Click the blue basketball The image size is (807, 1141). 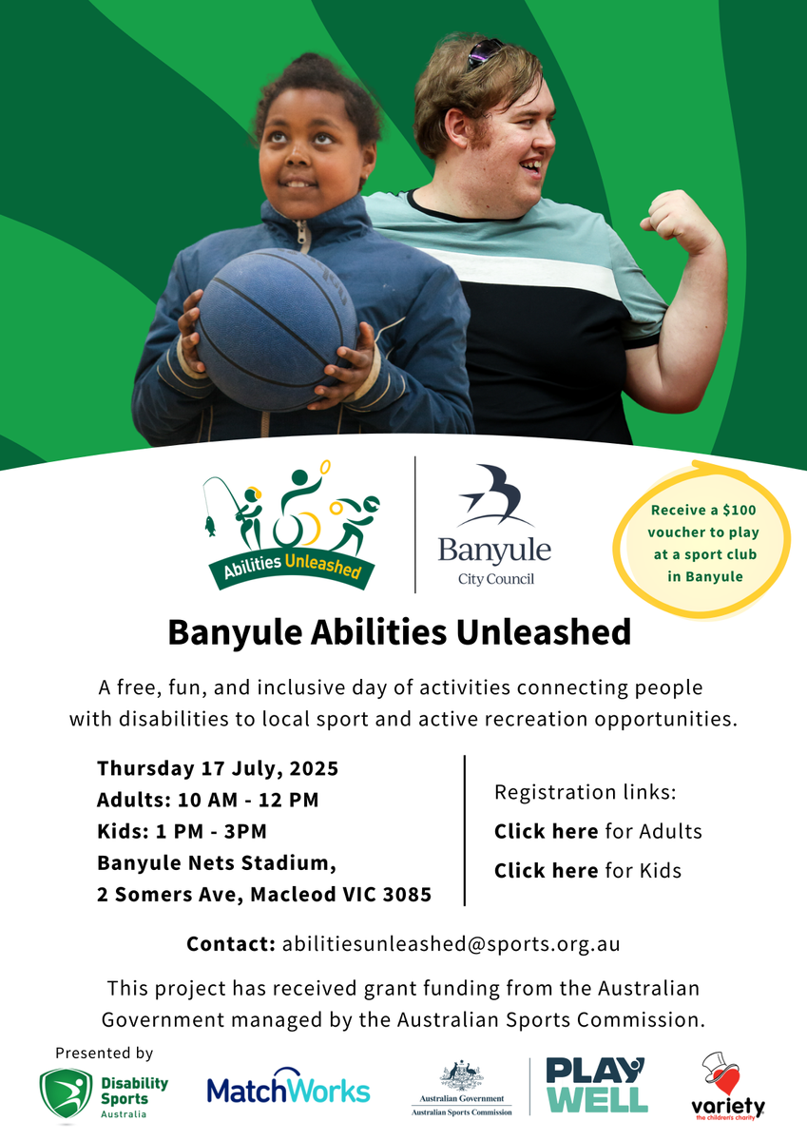coord(278,330)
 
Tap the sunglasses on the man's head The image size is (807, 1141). coord(484,52)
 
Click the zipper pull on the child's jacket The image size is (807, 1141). coord(303,236)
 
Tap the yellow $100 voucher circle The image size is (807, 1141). coord(703,540)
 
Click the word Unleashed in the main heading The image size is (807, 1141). coord(544,632)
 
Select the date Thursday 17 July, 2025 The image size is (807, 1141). coord(218,768)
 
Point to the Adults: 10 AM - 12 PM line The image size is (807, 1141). coord(208,801)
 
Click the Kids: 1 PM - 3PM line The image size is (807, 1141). coord(182,832)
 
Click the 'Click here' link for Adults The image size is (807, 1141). coord(547,832)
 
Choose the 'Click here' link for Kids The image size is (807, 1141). coord(547,871)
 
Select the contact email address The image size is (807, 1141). coord(452,944)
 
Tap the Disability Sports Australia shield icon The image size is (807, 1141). coord(67,1093)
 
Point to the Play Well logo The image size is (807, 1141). coord(597,1085)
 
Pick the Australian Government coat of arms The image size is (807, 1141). coord(461,1075)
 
